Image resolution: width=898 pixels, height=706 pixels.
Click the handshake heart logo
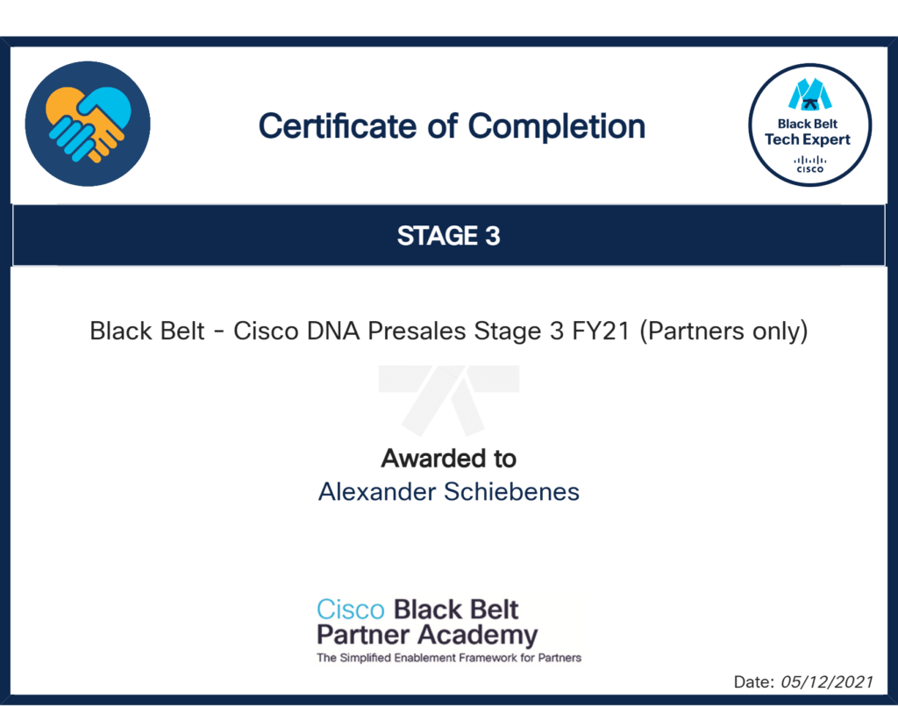tap(88, 124)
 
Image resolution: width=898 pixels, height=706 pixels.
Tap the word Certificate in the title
tap(338, 126)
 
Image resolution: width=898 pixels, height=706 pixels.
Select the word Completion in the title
tap(557, 127)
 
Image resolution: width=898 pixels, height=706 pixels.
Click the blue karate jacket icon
tap(809, 94)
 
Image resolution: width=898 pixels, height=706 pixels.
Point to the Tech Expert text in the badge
tap(808, 139)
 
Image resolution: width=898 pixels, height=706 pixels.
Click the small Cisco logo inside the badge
tap(809, 164)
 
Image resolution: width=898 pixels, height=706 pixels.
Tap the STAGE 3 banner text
tap(448, 236)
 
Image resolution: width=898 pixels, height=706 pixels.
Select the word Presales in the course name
tap(417, 331)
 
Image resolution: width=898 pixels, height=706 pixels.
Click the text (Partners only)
tap(723, 332)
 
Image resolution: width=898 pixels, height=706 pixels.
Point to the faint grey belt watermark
tap(448, 399)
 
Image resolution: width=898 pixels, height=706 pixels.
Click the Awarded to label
tap(448, 458)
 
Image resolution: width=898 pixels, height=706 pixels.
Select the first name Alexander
tap(377, 492)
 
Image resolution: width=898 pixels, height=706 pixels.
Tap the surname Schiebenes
tap(512, 492)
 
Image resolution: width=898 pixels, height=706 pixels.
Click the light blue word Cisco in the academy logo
tap(351, 610)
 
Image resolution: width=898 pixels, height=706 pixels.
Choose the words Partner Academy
tap(427, 635)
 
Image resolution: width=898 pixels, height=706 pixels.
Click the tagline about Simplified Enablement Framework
tap(449, 658)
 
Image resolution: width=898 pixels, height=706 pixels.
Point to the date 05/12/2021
tap(827, 682)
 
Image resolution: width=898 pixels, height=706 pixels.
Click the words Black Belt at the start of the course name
tap(147, 331)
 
